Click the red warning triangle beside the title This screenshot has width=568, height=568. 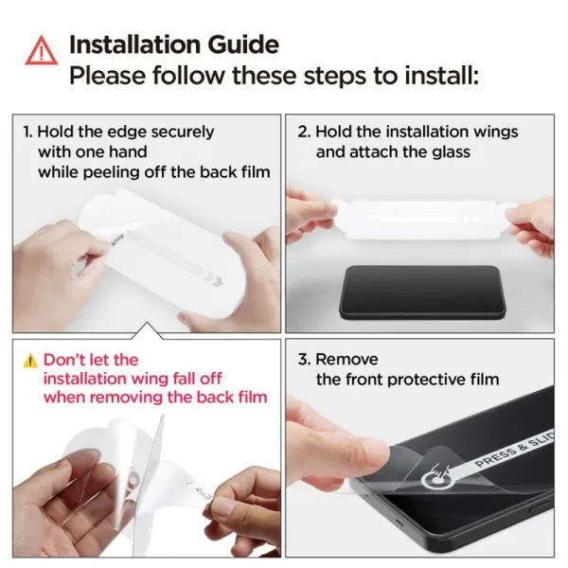(42, 51)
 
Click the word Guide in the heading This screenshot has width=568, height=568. (243, 44)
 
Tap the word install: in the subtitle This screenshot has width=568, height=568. (441, 76)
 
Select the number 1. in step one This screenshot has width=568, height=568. (27, 132)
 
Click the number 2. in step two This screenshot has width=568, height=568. (304, 132)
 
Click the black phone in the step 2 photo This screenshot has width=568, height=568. (422, 293)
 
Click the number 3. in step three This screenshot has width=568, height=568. (304, 360)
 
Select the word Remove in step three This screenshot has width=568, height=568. (346, 360)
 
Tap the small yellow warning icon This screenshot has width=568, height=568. (30, 361)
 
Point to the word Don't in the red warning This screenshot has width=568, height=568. (64, 360)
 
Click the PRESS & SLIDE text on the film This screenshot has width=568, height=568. (514, 449)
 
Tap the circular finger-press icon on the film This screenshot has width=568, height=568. (435, 475)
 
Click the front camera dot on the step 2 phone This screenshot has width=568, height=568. (350, 289)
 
